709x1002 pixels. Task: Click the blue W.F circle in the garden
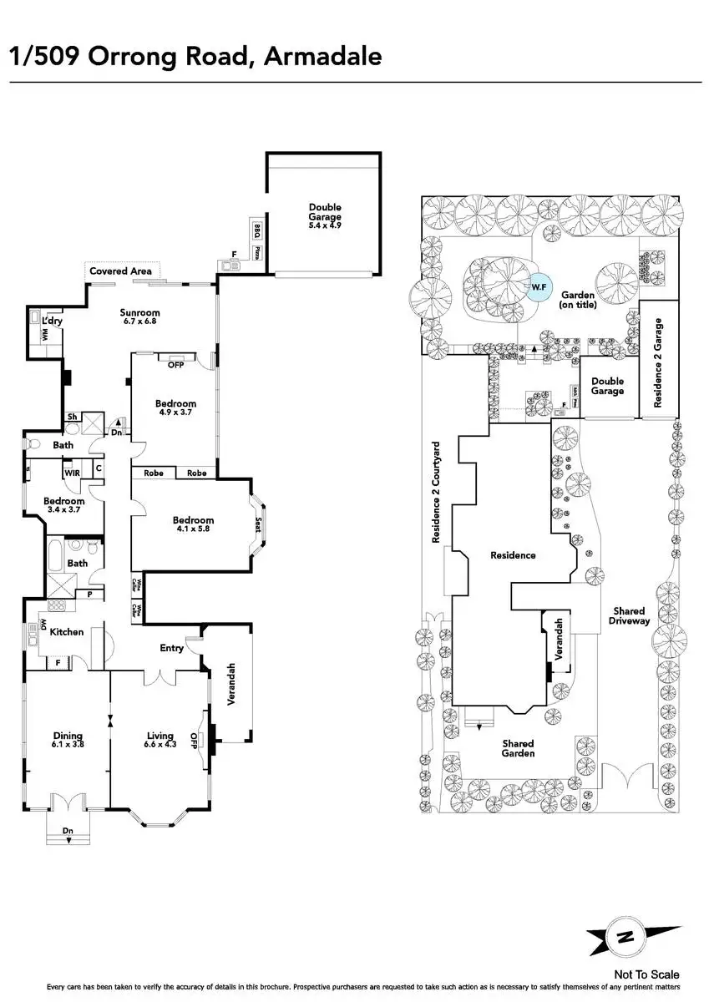coord(538,286)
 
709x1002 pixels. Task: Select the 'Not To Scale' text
coord(646,974)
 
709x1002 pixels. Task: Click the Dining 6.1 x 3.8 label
coord(68,741)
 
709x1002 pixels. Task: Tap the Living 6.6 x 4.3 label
coord(160,741)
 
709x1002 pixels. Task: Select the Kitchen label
coord(67,632)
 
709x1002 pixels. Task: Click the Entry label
coord(172,648)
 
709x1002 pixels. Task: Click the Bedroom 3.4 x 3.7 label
coord(64,505)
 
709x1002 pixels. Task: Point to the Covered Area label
coord(120,271)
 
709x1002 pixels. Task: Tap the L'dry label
coord(52,321)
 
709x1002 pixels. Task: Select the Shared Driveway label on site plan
coord(628,615)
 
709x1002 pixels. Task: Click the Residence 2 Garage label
coord(658,362)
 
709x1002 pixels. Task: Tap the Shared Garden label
coord(518,748)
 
